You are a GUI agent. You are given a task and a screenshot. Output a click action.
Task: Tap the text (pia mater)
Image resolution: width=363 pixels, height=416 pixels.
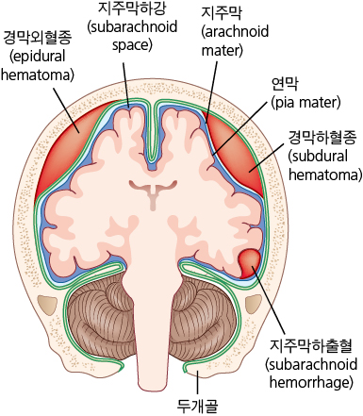[x=305, y=100]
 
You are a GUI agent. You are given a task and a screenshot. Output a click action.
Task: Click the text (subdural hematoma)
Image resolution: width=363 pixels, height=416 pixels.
[x=323, y=165]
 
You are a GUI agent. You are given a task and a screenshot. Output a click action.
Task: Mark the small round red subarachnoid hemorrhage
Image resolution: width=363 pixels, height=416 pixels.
[x=252, y=261]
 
